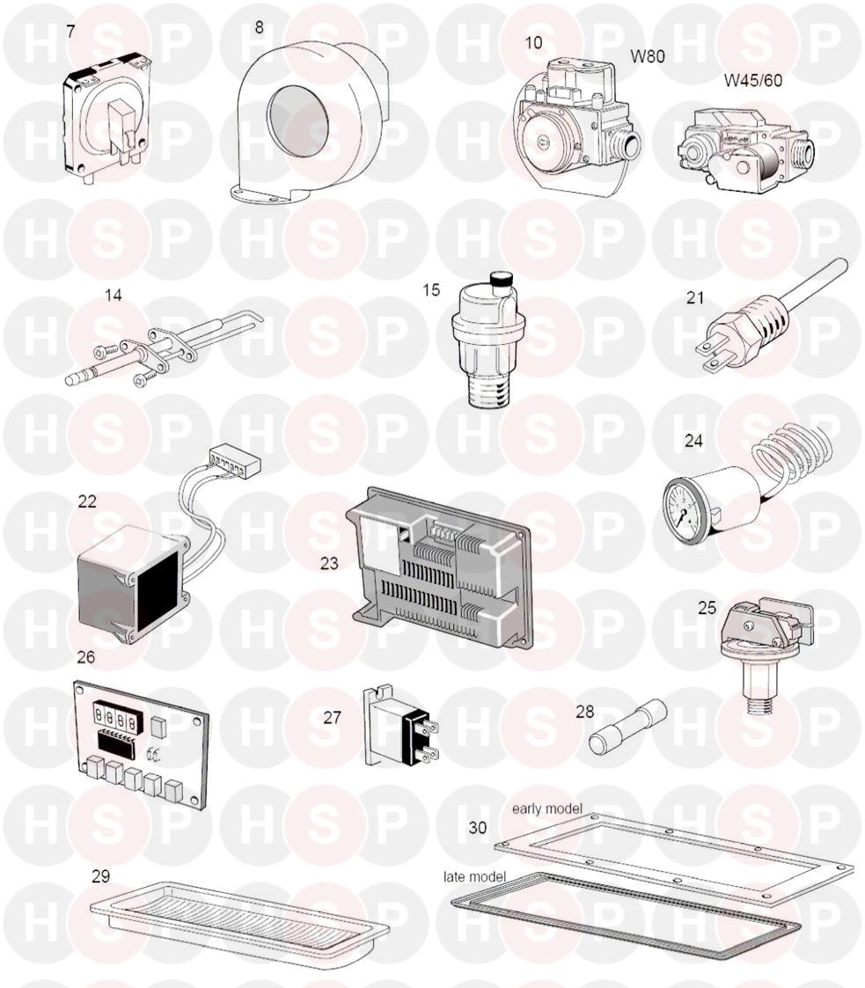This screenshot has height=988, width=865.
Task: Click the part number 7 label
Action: coord(70,31)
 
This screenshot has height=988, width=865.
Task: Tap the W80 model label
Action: coord(647,56)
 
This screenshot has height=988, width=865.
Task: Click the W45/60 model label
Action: coord(753,81)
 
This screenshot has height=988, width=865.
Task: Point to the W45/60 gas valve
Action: coord(745,149)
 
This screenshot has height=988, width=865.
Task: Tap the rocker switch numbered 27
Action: coord(400,726)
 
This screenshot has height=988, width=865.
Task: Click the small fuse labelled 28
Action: coord(627,727)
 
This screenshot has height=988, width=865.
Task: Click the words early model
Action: coord(546,809)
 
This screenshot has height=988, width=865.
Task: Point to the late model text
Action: coord(474,876)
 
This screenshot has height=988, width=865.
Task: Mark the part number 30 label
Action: coord(478,827)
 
